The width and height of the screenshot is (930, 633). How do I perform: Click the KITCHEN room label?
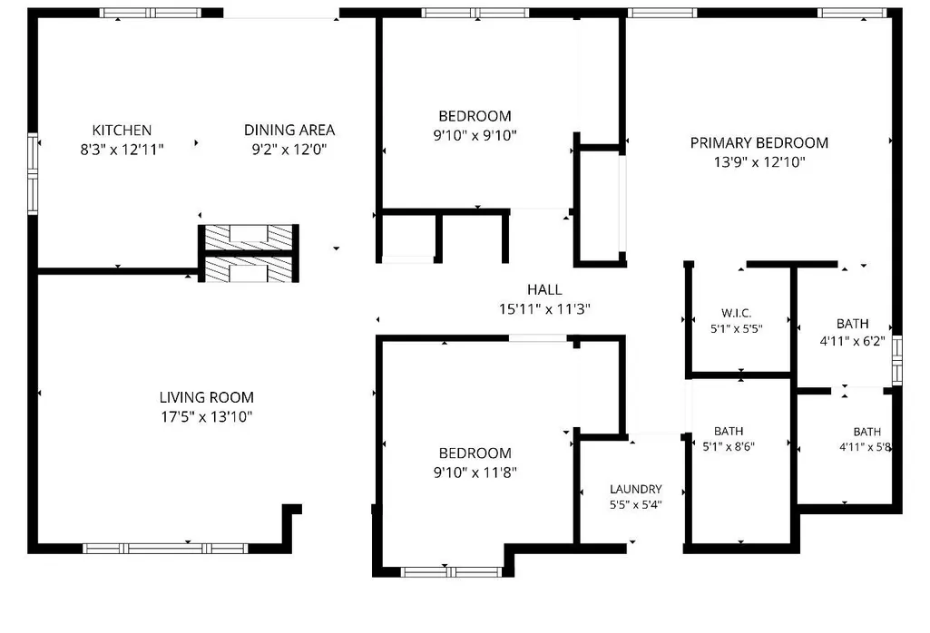(x=122, y=130)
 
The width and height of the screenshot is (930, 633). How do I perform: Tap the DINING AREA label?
(x=289, y=130)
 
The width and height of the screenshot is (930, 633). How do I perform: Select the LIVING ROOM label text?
(x=206, y=397)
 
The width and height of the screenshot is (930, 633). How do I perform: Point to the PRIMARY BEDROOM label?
(x=759, y=143)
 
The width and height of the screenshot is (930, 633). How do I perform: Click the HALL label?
(x=544, y=290)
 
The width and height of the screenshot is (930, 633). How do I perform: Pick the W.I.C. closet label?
(x=736, y=313)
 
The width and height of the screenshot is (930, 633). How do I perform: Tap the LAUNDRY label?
(x=636, y=489)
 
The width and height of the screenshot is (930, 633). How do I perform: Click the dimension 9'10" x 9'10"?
(x=475, y=136)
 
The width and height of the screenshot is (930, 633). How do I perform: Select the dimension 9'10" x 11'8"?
(x=475, y=472)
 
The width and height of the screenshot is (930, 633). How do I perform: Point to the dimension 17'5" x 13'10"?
(x=206, y=416)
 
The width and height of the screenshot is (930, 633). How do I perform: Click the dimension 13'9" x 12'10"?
(x=759, y=161)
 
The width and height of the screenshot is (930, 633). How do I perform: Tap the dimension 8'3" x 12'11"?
(x=122, y=150)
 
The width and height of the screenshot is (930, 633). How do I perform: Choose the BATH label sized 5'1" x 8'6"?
(x=729, y=432)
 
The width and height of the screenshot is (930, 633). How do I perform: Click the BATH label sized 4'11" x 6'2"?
(x=852, y=324)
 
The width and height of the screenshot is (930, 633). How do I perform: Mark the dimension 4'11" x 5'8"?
(x=866, y=447)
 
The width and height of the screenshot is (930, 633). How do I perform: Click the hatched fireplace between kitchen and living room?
(x=249, y=254)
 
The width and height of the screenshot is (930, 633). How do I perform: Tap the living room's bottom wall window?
(x=165, y=549)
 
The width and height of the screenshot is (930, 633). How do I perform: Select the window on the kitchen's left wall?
(x=34, y=173)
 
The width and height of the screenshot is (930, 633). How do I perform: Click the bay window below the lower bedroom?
(x=451, y=572)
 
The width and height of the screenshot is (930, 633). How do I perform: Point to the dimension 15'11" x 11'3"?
(x=544, y=309)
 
